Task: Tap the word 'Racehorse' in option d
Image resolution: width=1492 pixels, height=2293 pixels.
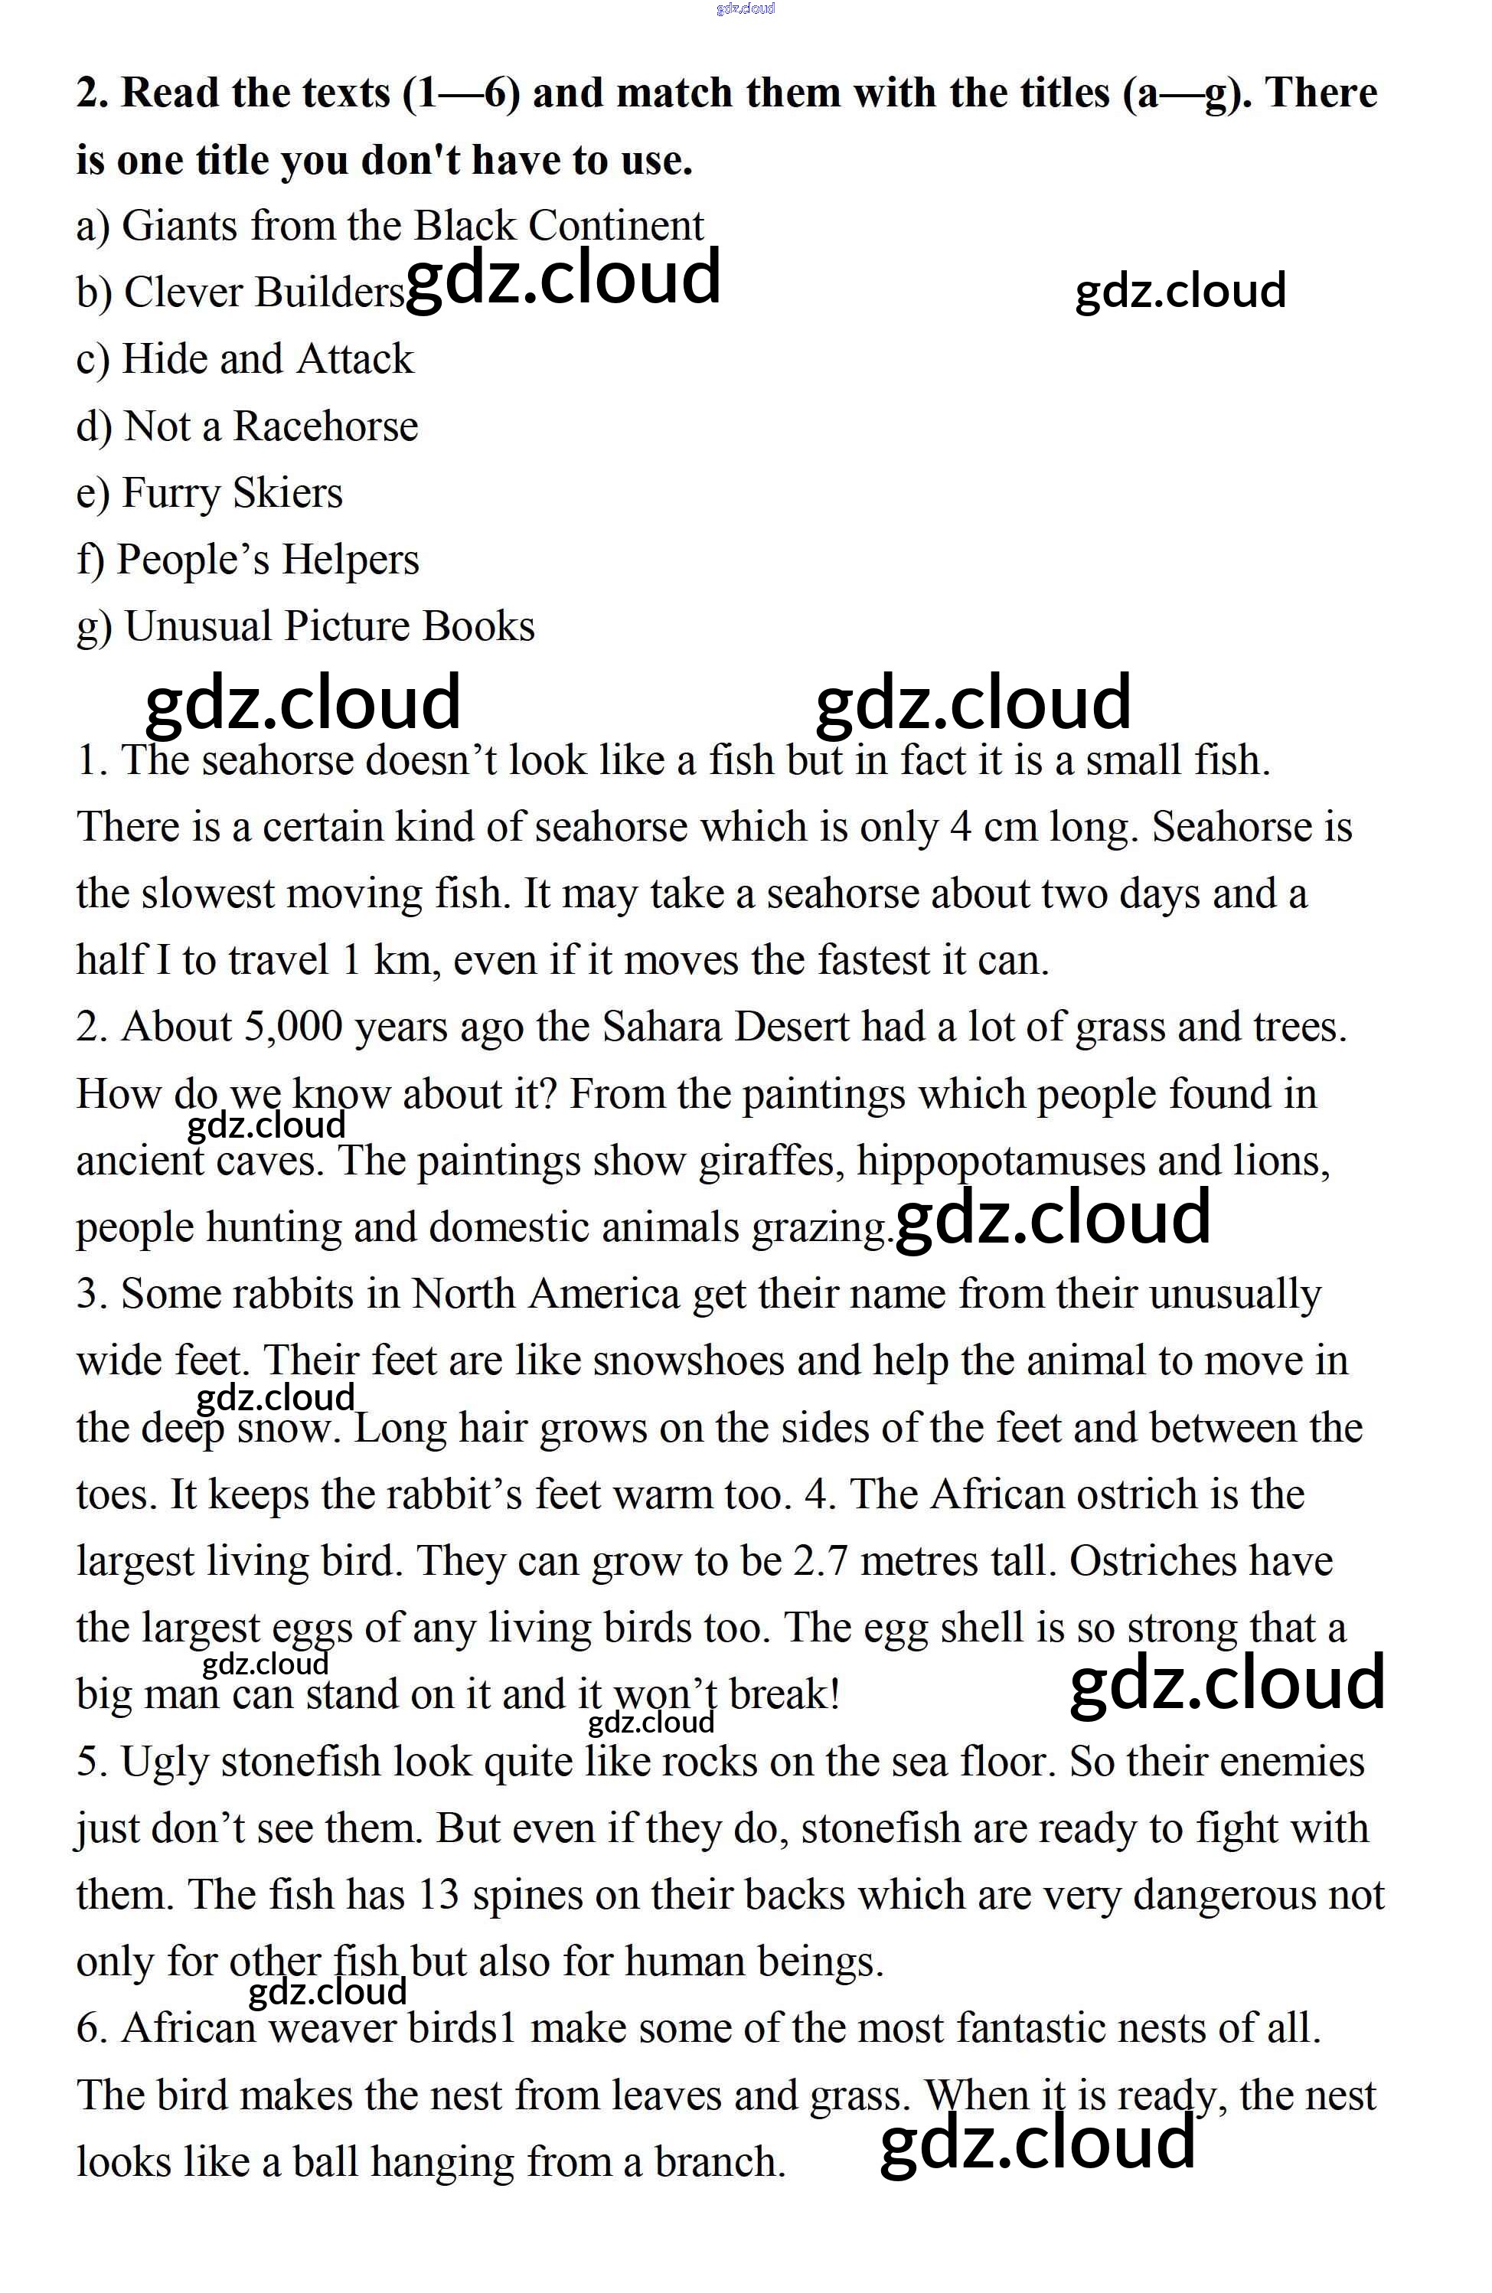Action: coord(325,426)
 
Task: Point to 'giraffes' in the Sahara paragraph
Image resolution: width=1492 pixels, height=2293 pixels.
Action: coord(771,1161)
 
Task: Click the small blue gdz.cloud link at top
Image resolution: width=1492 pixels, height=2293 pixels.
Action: coord(746,8)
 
